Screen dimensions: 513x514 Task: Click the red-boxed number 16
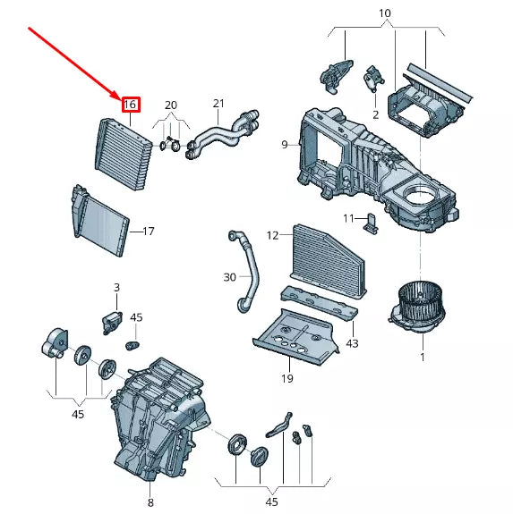click(x=131, y=105)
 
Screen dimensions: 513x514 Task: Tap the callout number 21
click(x=218, y=104)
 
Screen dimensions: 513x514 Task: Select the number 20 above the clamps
click(x=171, y=105)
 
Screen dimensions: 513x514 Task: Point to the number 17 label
click(x=149, y=232)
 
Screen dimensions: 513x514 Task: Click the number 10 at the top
click(x=385, y=13)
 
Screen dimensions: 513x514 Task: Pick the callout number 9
click(x=285, y=145)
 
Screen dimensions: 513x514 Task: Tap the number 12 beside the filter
click(x=272, y=235)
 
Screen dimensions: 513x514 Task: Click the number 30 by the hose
click(x=229, y=277)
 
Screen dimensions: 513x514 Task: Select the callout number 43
click(x=352, y=343)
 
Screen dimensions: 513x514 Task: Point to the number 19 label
click(x=286, y=379)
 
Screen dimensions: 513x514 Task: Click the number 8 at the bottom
click(x=150, y=502)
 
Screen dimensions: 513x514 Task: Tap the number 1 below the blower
click(x=423, y=357)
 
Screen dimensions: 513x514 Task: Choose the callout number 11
click(x=348, y=218)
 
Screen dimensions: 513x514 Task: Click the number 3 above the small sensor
click(x=117, y=288)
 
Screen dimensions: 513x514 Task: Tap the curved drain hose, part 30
click(x=245, y=272)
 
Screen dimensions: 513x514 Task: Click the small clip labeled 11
click(x=372, y=223)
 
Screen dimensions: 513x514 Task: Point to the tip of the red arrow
click(x=122, y=99)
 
